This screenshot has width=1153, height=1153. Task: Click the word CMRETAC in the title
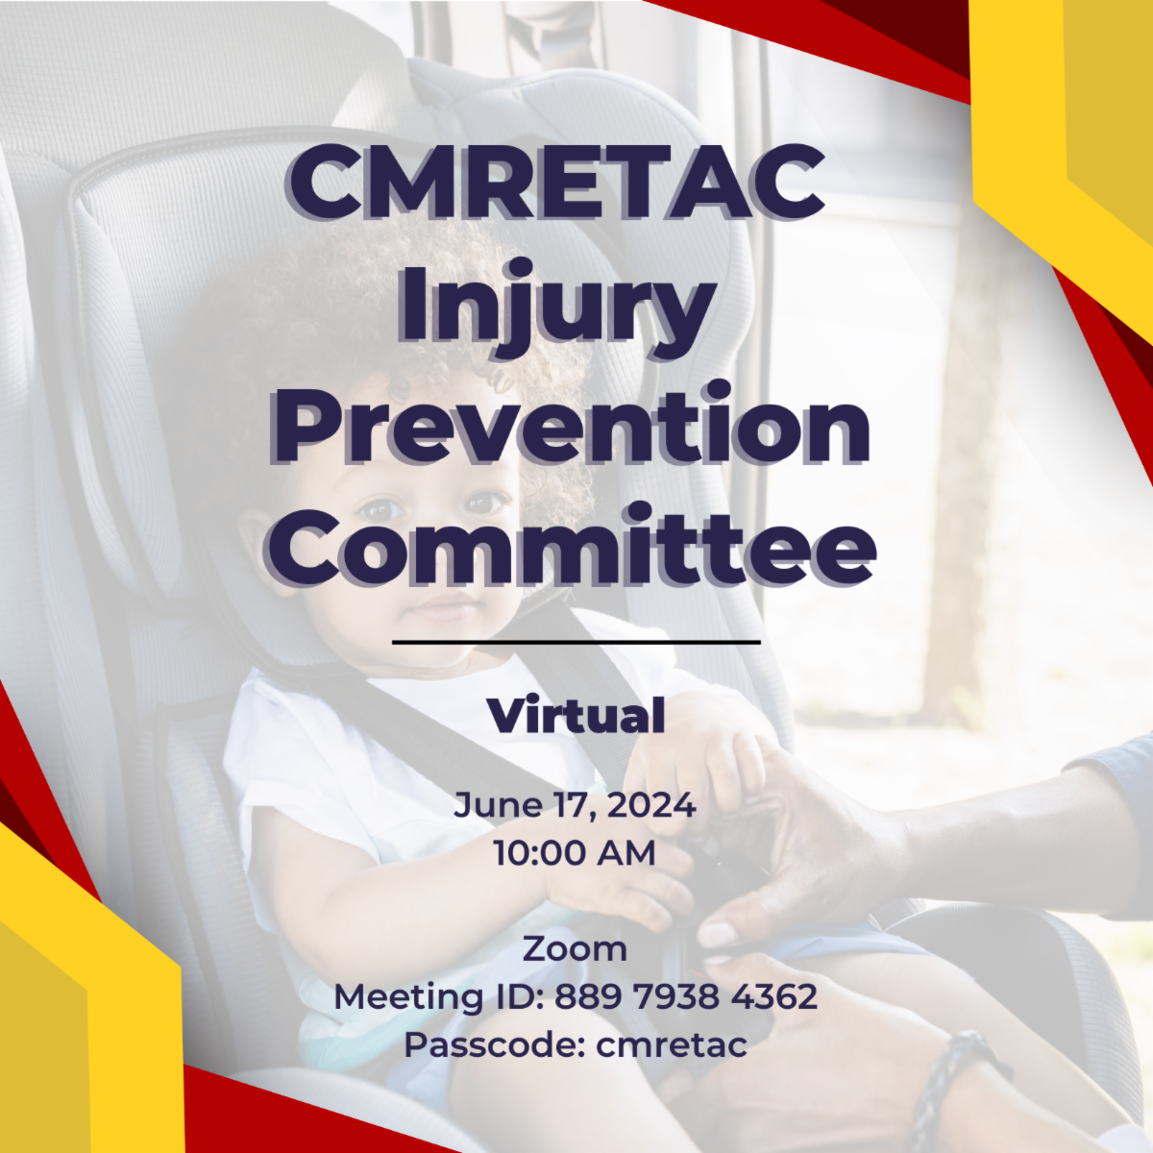556,184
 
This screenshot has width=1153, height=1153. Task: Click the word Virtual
576,715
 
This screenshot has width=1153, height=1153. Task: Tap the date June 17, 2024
575,805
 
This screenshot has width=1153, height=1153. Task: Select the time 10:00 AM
575,852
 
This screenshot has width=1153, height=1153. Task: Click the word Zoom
575,949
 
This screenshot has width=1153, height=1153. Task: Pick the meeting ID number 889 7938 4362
686,996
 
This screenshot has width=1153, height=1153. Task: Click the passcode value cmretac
672,1045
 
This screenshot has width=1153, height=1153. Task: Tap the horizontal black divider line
576,643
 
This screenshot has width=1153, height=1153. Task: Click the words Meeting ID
436,996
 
